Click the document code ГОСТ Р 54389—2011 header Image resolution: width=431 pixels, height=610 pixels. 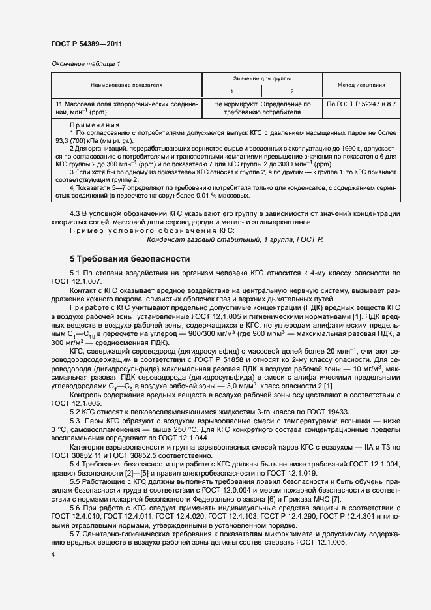click(87, 44)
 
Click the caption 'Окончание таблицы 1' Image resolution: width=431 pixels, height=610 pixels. click(85, 63)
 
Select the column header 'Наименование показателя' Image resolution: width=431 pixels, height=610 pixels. click(127, 85)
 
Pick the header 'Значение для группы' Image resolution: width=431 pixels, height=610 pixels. click(262, 78)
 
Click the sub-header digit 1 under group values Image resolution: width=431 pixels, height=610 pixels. click(232, 91)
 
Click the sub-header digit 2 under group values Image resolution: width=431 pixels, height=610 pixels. click(292, 91)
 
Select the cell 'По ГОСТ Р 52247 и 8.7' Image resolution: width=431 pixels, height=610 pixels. click(361, 104)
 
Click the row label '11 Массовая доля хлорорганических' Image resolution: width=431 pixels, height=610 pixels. click(126, 104)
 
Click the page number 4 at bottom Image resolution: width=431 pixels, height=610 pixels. click(53, 554)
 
